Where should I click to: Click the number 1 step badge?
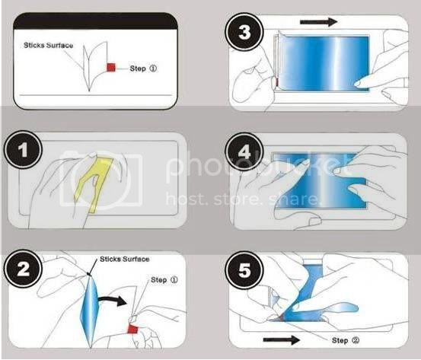click(24, 150)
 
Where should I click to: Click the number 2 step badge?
click(24, 269)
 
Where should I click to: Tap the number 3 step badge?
click(244, 32)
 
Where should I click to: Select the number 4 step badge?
click(244, 151)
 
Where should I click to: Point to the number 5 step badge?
click(244, 270)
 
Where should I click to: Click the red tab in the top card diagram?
click(111, 68)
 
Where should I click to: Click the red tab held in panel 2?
click(132, 329)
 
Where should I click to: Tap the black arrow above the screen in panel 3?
click(318, 22)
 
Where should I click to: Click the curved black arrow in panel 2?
click(112, 300)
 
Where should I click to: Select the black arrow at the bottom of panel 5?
click(282, 340)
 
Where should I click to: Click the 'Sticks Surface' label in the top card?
click(48, 46)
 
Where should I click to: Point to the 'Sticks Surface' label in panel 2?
click(125, 259)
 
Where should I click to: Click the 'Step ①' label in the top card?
click(143, 68)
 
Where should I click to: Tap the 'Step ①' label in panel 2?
click(164, 280)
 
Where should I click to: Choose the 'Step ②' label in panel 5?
click(346, 340)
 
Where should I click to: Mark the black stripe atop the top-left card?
click(95, 21)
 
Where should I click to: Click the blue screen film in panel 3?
click(324, 63)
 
